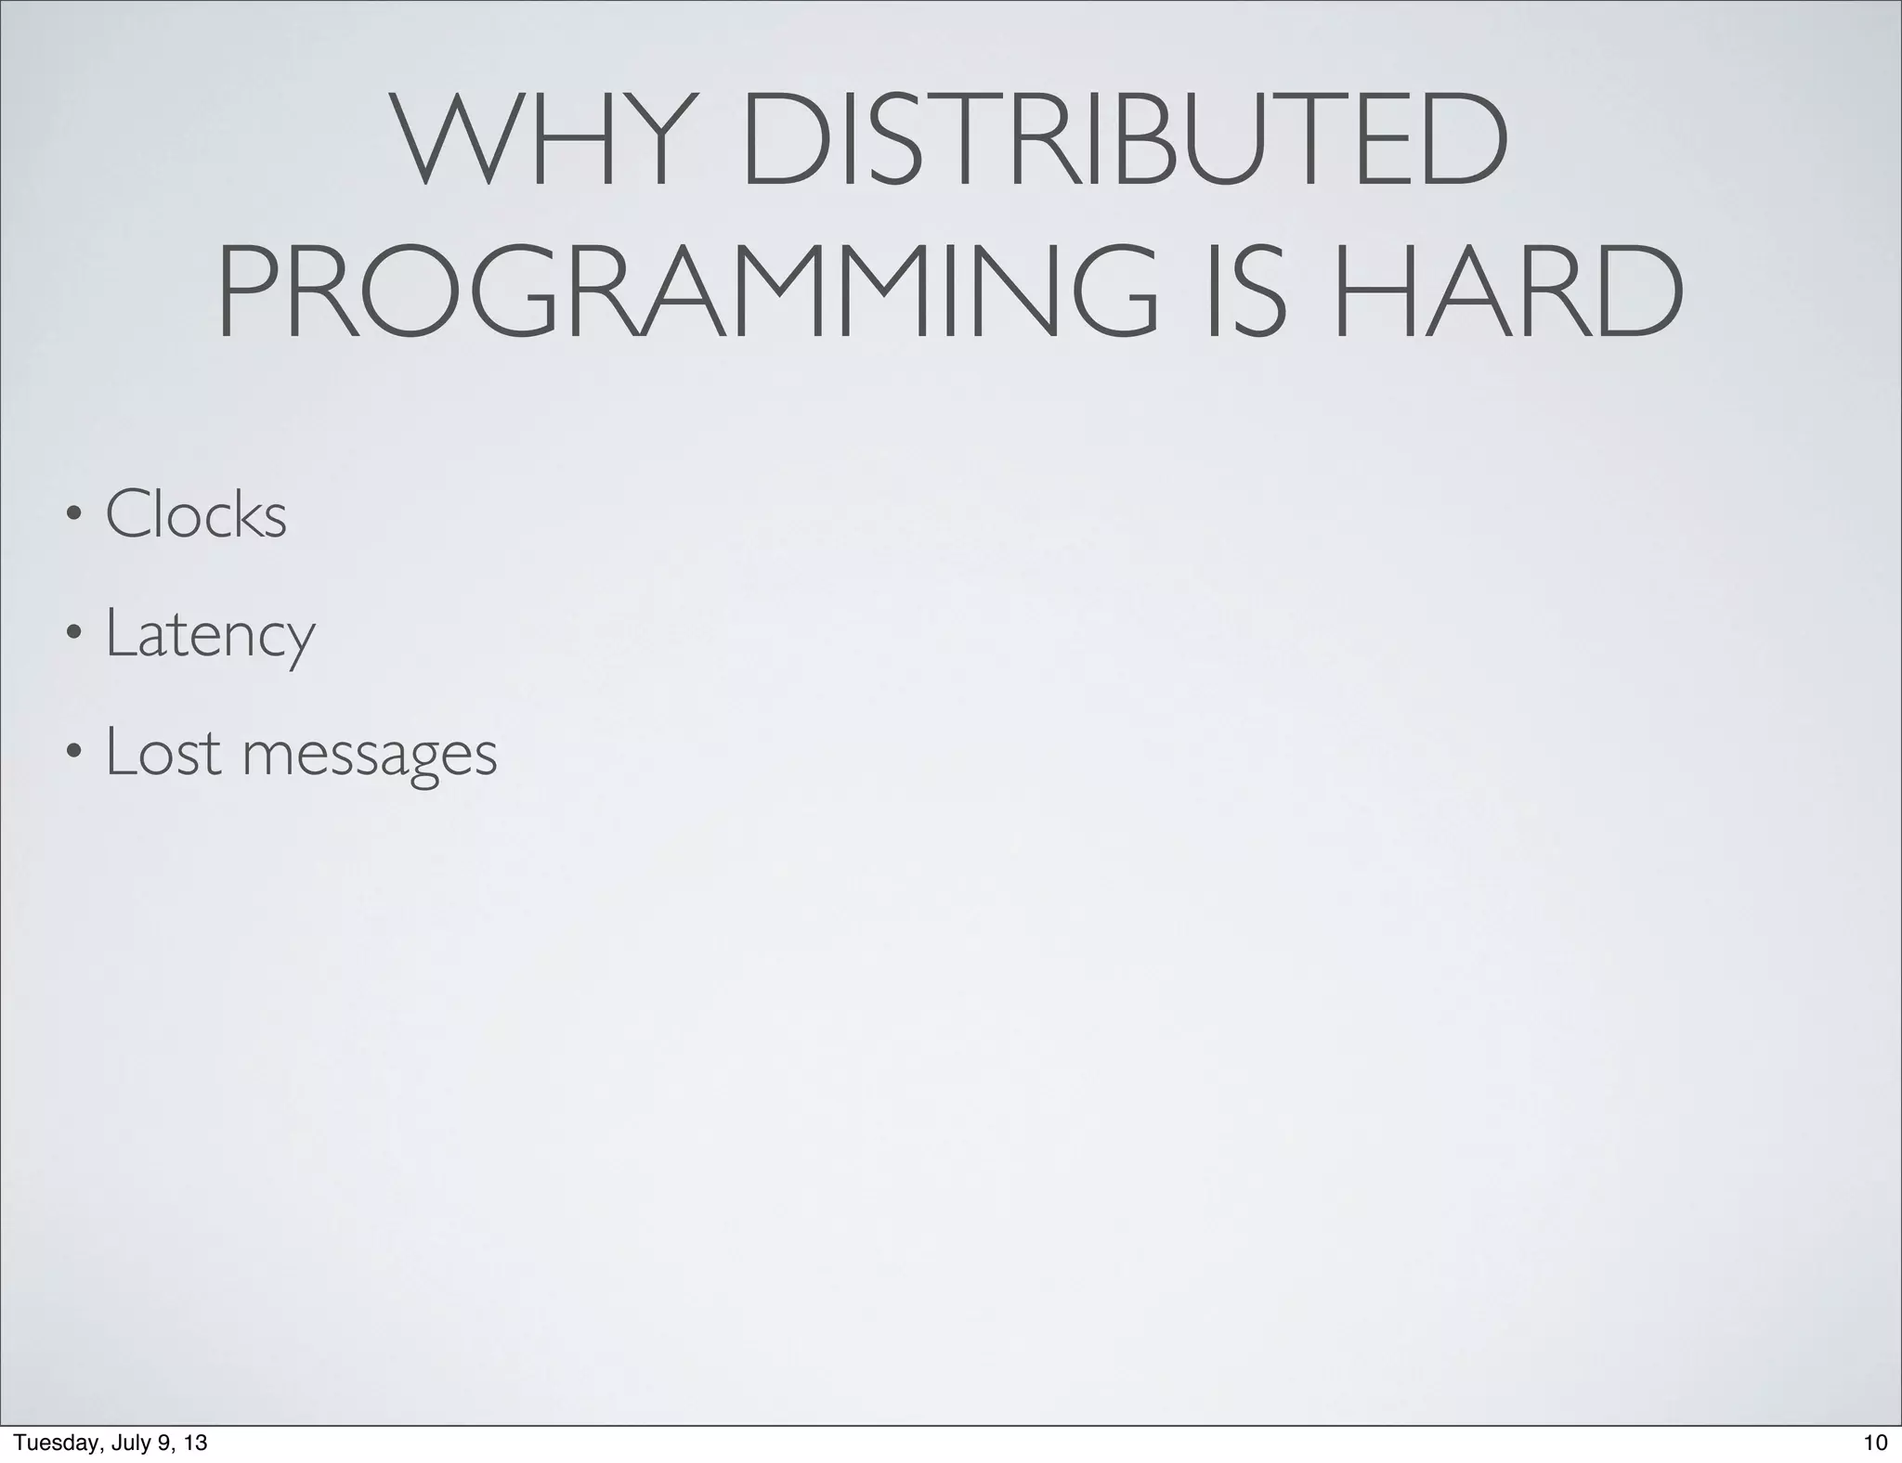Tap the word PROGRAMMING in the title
coord(687,291)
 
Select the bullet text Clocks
coord(196,514)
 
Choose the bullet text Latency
coord(211,633)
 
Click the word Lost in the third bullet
coord(163,751)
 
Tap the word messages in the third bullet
coord(370,754)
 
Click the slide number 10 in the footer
coord(1875,1443)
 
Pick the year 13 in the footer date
coord(195,1443)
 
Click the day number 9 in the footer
coord(165,1443)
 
